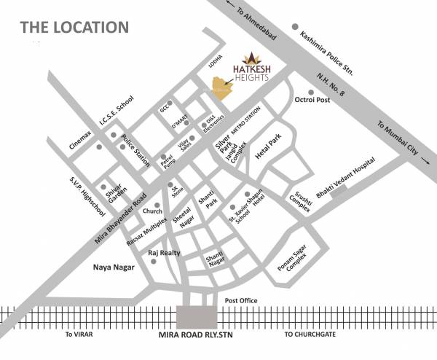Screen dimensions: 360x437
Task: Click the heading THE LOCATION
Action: point(74,28)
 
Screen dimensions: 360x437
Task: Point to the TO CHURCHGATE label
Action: point(312,334)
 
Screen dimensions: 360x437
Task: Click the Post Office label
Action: point(241,300)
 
